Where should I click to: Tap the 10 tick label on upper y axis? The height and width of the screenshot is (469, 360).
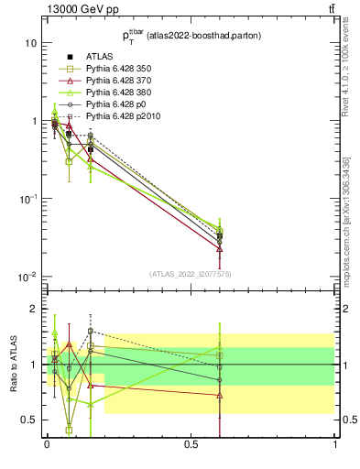30,43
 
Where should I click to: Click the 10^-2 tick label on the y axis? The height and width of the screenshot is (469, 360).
27,277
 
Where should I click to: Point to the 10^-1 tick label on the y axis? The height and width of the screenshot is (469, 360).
27,199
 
